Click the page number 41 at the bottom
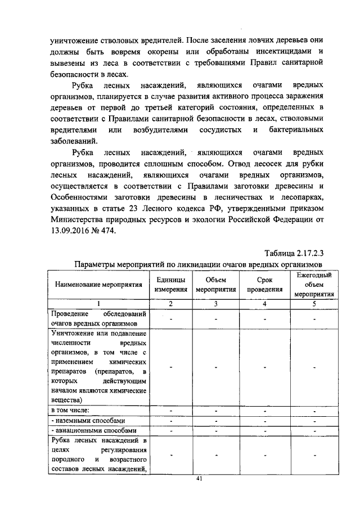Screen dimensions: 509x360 [x=198, y=479]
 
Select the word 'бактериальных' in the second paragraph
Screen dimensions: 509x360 [x=295, y=130]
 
